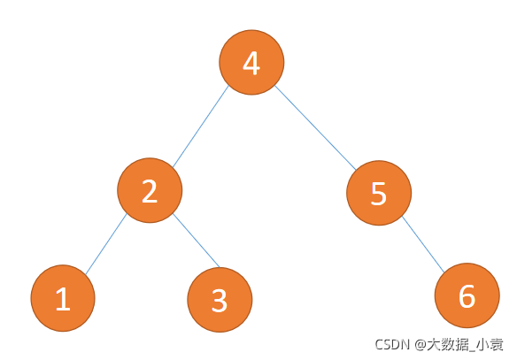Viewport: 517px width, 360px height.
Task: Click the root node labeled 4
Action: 251,62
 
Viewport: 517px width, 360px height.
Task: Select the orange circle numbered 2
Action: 150,190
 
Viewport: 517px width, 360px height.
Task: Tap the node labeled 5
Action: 379,193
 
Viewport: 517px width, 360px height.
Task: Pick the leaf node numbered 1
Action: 63,298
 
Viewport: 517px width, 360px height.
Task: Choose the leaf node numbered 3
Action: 220,300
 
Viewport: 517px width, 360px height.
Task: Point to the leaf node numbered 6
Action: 467,295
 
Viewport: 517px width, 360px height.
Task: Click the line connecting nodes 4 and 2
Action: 200,126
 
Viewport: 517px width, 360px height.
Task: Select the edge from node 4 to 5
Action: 315,127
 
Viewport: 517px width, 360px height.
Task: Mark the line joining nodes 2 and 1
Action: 106,244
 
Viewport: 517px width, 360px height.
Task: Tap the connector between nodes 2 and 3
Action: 197,240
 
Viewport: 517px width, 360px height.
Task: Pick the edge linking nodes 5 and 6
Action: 423,244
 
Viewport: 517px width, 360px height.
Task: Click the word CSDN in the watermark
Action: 391,344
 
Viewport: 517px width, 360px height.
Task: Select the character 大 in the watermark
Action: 435,344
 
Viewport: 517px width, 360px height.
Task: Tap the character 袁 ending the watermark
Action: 497,344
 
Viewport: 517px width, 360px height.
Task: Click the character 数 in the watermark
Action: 448,344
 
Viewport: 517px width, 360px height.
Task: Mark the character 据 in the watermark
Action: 462,344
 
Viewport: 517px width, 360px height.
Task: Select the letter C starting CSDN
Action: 379,344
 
